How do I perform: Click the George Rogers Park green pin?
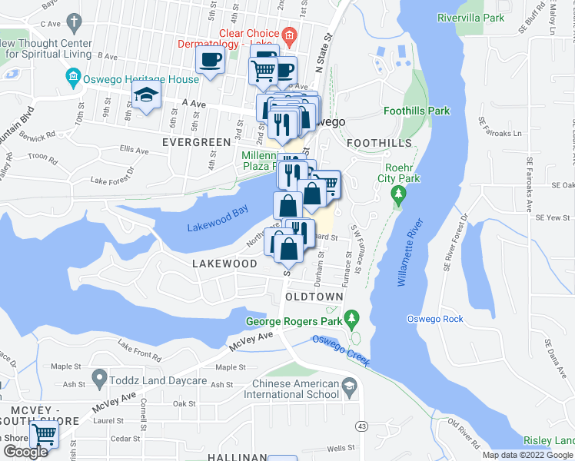click(352, 317)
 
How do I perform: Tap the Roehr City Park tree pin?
click(397, 194)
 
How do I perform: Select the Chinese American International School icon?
click(351, 389)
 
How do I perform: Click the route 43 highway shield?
click(360, 426)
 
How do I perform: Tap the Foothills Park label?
click(416, 111)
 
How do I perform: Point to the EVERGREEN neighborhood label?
click(196, 142)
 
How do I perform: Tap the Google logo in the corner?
click(25, 452)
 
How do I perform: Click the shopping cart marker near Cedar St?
click(45, 436)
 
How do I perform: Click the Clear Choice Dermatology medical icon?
click(289, 35)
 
